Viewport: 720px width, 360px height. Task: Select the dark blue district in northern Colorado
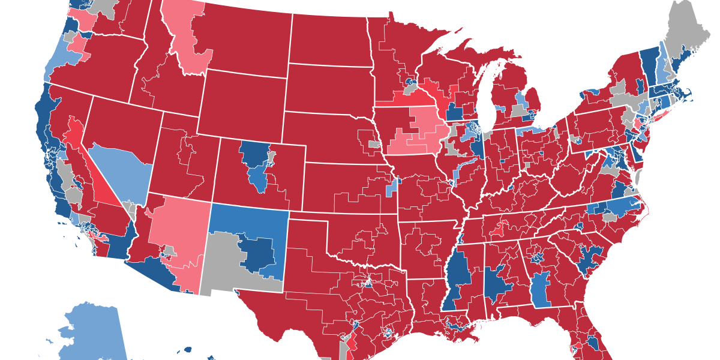point(255,154)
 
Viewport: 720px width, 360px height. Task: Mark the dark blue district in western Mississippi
point(459,276)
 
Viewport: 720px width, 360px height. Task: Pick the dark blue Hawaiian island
point(188,349)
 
